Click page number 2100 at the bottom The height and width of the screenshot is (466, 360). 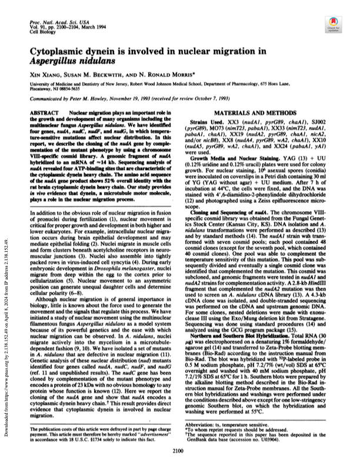click(179, 449)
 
